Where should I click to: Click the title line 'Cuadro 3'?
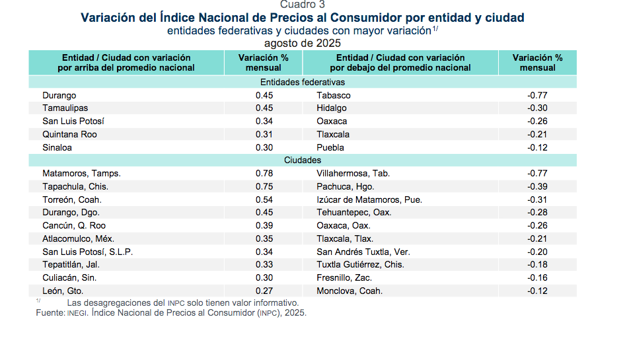[302, 4]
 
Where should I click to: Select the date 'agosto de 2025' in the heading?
[302, 43]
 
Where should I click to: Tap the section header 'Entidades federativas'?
[302, 83]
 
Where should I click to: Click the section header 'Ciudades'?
[302, 161]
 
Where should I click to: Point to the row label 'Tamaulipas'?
[65, 108]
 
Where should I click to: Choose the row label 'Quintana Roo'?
[69, 134]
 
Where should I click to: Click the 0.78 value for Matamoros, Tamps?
[264, 173]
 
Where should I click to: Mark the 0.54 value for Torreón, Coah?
[264, 199]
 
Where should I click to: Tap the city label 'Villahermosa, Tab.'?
[353, 173]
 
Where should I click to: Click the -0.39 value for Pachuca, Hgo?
[537, 186]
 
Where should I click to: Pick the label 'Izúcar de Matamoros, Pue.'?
[369, 199]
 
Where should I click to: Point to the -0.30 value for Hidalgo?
[537, 108]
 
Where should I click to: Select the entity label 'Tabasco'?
[334, 95]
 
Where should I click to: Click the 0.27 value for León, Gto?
[264, 291]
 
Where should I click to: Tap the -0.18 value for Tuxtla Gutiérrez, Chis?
[537, 264]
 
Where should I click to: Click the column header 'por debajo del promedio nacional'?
[400, 67]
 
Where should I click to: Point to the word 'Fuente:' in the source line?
[50, 312]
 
